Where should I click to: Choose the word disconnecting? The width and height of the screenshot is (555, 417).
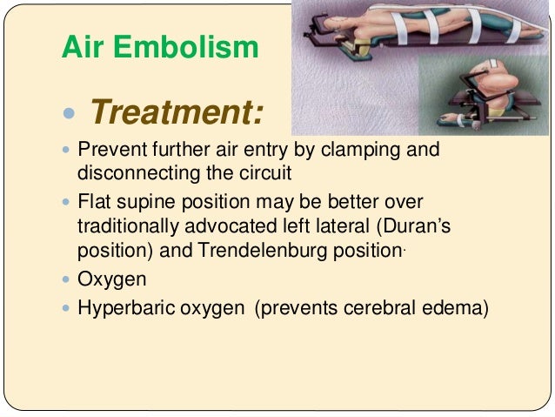coord(130,172)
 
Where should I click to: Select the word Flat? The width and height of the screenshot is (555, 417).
coord(93,202)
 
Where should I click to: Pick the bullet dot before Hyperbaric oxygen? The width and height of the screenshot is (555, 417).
coord(67,307)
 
